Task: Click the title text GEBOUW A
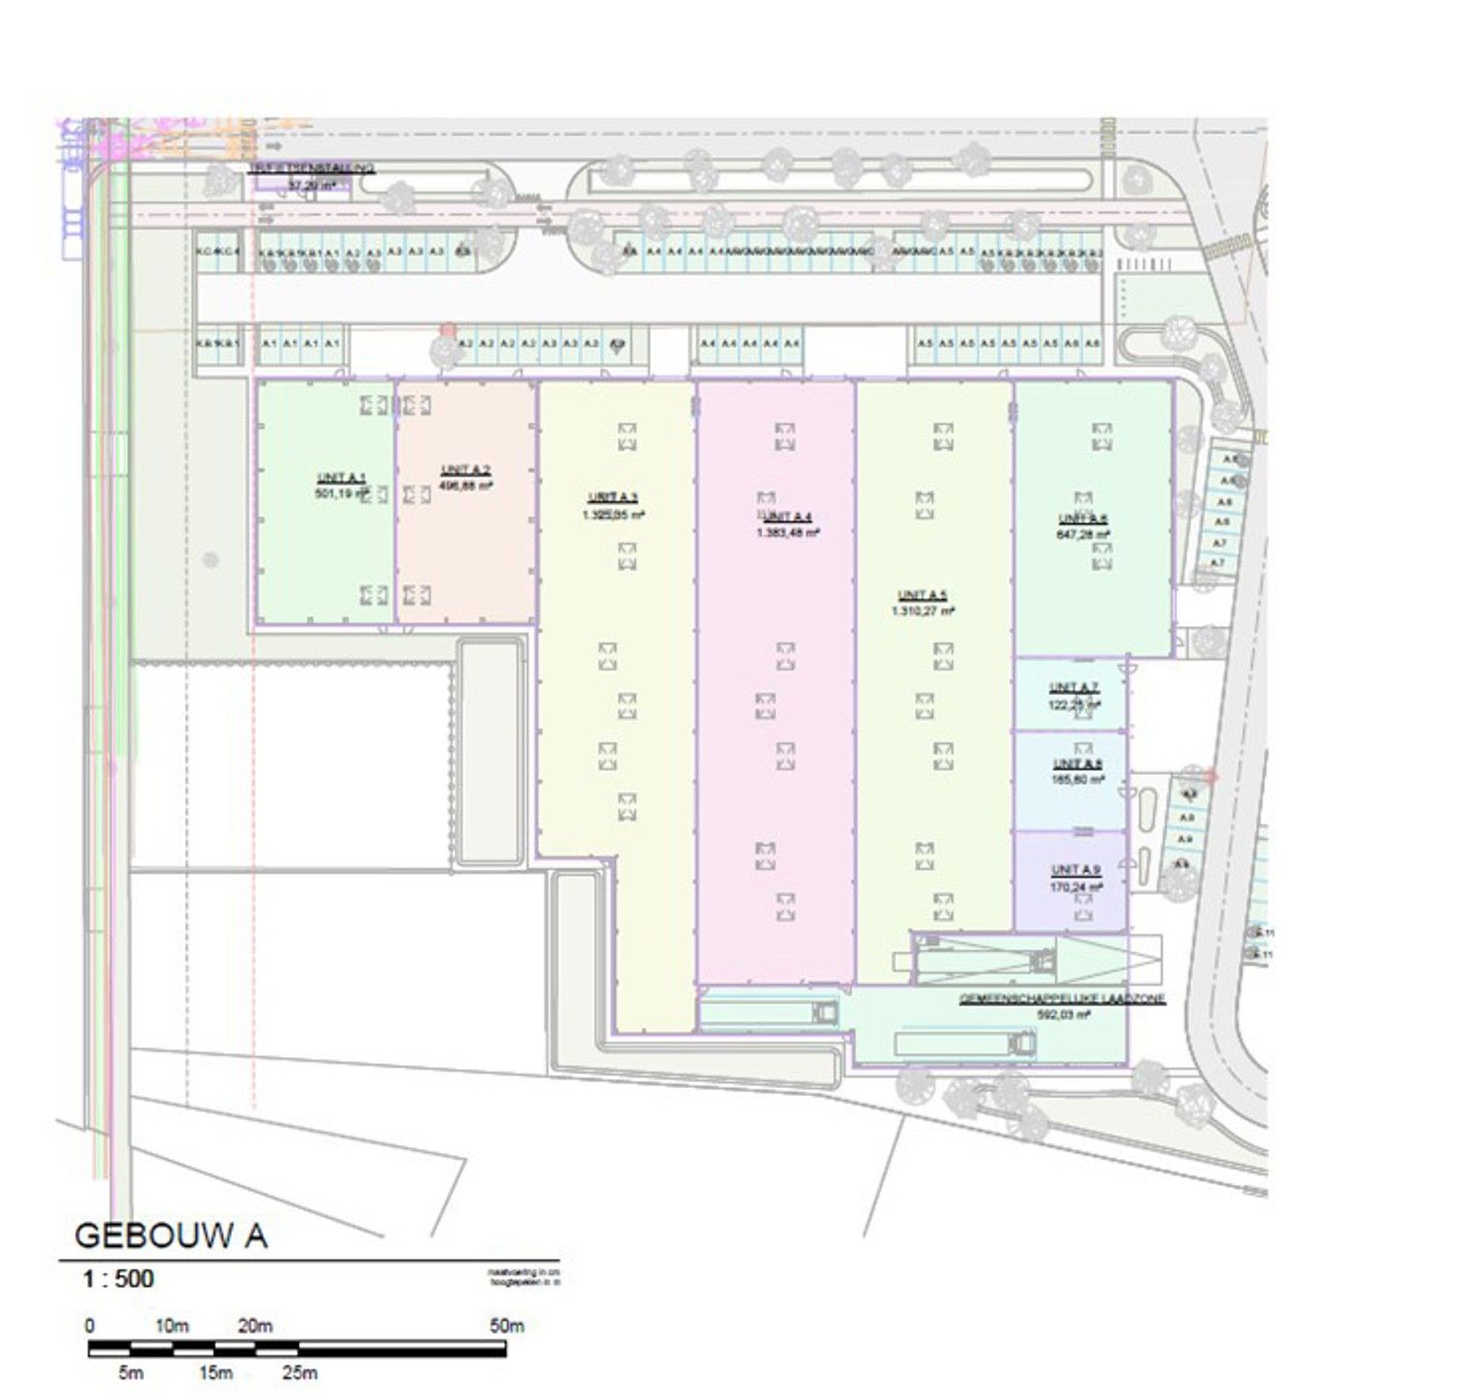(x=170, y=1235)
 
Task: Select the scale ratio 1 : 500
(x=118, y=1279)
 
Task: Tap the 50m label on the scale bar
(x=506, y=1325)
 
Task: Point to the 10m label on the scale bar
(x=171, y=1325)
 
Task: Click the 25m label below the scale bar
(x=299, y=1372)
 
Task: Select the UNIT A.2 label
(x=466, y=471)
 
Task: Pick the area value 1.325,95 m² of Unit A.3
(x=613, y=515)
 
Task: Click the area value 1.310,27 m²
(x=923, y=610)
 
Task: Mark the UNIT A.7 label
(x=1074, y=688)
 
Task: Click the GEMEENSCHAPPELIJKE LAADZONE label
(x=1062, y=999)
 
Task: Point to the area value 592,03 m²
(x=1063, y=1015)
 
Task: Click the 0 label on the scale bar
(x=90, y=1325)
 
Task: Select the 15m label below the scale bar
(x=215, y=1372)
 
